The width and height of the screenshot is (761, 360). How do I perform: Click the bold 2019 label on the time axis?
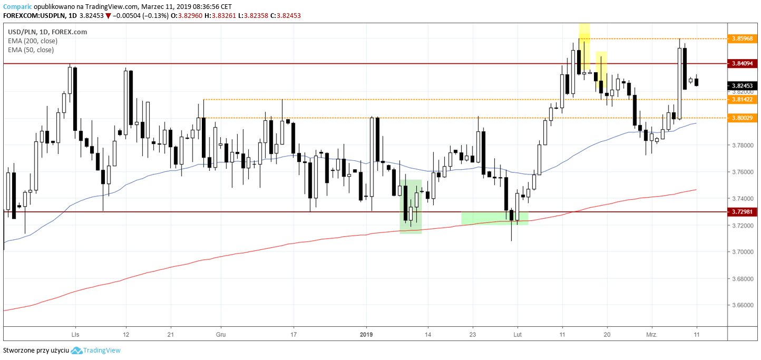[366, 334]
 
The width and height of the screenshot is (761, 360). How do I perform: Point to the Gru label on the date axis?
[221, 334]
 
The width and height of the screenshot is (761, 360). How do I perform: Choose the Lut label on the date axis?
[518, 334]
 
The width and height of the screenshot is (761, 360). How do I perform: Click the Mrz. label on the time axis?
[651, 334]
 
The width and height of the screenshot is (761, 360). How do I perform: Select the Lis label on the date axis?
[75, 334]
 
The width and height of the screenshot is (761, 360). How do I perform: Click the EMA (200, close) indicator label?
[33, 41]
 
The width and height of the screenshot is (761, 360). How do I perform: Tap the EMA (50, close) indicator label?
[31, 50]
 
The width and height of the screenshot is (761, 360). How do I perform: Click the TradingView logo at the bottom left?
[96, 351]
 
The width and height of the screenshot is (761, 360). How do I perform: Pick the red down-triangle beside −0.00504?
[108, 16]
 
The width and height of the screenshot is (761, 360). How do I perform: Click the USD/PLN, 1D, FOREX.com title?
[47, 32]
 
